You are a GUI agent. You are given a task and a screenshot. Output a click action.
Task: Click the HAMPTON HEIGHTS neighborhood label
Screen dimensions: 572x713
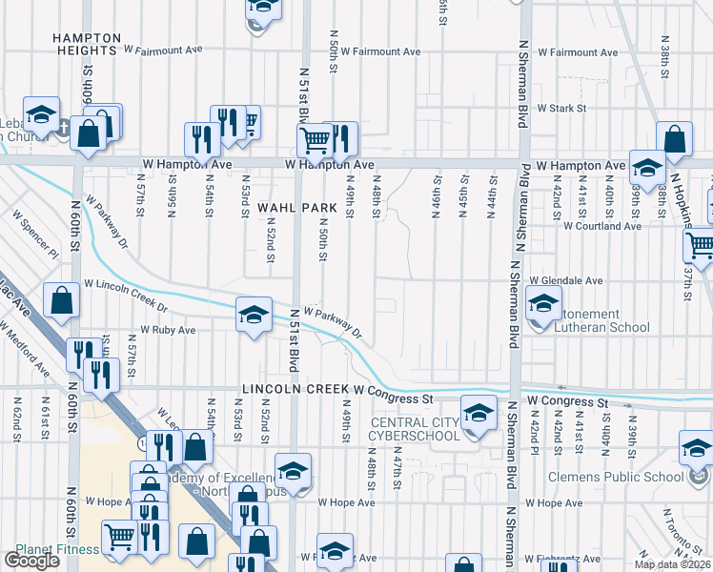coord(86,44)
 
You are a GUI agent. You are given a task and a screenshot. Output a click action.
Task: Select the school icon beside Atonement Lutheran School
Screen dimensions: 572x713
coord(543,304)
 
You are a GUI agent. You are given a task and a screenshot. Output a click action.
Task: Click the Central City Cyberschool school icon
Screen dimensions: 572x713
coord(478,413)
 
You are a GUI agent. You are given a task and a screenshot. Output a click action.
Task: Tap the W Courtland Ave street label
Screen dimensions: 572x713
coord(601,226)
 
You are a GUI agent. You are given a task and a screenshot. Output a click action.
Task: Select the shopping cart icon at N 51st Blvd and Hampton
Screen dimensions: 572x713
coord(315,140)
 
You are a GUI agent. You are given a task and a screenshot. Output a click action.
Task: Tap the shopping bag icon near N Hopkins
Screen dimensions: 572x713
coord(674,139)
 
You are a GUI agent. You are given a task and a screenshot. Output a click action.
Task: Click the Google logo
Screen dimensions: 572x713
coord(31,561)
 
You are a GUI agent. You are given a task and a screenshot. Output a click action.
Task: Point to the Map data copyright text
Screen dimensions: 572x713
coord(673,564)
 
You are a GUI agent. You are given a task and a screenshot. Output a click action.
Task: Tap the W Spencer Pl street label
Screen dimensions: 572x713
coord(36,232)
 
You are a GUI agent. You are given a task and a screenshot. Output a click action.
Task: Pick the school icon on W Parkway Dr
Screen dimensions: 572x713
coord(253,316)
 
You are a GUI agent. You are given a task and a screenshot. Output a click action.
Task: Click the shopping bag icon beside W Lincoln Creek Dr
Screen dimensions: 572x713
coord(61,300)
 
